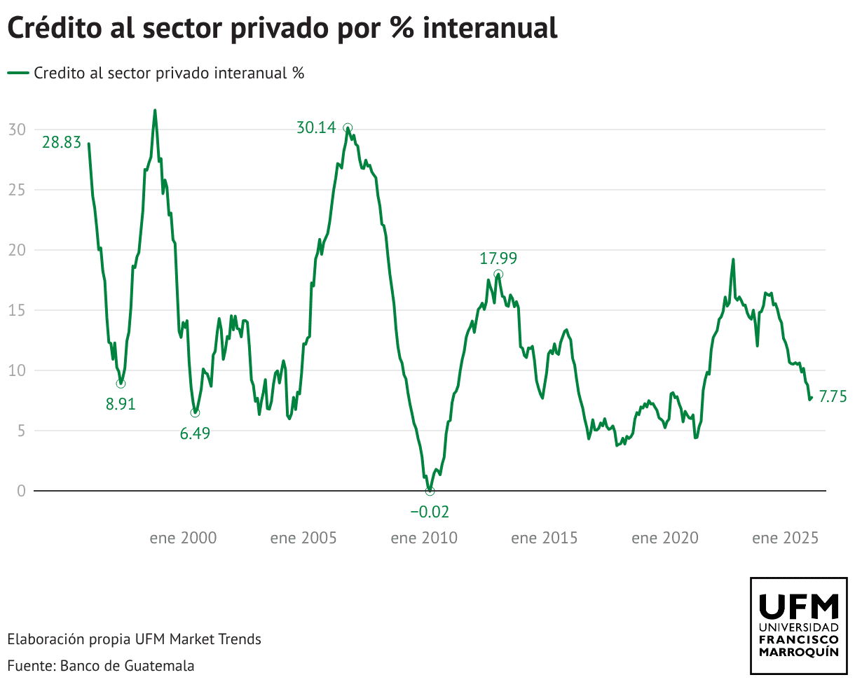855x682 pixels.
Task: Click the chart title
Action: pyautogui.click(x=282, y=28)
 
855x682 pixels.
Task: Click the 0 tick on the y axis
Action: pyautogui.click(x=21, y=491)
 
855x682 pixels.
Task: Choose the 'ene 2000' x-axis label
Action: pyautogui.click(x=183, y=538)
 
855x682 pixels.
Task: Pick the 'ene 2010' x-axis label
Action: pyautogui.click(x=424, y=538)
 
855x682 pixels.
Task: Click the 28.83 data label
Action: pyautogui.click(x=62, y=143)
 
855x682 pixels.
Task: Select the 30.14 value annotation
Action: pyautogui.click(x=316, y=128)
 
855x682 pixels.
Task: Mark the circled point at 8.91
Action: pyautogui.click(x=121, y=383)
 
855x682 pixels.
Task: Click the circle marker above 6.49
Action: pyautogui.click(x=195, y=412)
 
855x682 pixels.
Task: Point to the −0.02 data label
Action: pyautogui.click(x=430, y=512)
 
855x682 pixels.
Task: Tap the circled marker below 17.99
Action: pyautogui.click(x=498, y=274)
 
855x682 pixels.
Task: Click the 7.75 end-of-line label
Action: pyautogui.click(x=833, y=397)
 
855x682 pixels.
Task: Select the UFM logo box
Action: pyautogui.click(x=798, y=625)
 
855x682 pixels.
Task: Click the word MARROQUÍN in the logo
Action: pyautogui.click(x=798, y=652)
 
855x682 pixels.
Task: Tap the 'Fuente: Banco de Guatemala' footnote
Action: pyautogui.click(x=101, y=665)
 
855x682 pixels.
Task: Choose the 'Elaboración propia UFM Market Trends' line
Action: pyautogui.click(x=134, y=639)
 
